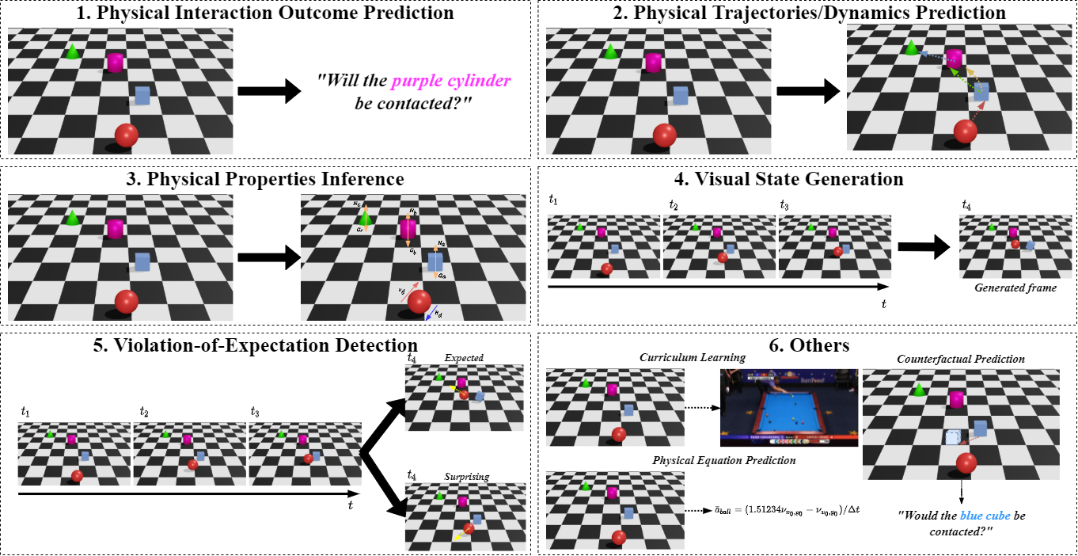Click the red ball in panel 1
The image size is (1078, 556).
click(x=126, y=135)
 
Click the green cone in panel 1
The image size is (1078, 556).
click(x=72, y=51)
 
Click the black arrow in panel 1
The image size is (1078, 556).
click(x=269, y=92)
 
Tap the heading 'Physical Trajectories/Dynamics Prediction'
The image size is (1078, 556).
click(x=808, y=13)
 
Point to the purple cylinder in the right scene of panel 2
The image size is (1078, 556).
click(x=955, y=59)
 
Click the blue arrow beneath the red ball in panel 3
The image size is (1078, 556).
click(x=431, y=315)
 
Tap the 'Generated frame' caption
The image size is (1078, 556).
click(x=1015, y=288)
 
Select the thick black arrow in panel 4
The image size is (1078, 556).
click(x=922, y=247)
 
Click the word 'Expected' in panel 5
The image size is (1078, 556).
click(x=464, y=358)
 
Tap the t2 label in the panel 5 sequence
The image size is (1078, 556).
click(x=144, y=412)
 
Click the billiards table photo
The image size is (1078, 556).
click(x=788, y=407)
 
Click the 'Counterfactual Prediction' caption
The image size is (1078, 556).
click(x=961, y=359)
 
